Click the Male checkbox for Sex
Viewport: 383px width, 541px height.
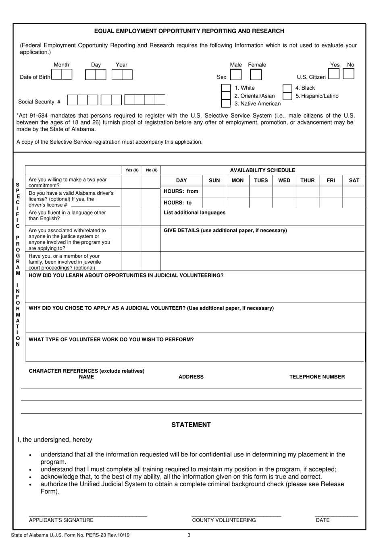coord(235,75)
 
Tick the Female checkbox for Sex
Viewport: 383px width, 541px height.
coord(256,75)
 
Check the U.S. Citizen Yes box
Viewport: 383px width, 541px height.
coord(333,74)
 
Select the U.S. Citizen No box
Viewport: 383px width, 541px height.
coord(348,74)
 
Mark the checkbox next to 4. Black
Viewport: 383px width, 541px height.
coord(287,88)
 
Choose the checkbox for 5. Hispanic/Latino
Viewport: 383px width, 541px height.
coord(287,96)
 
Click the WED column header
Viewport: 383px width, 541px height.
coord(284,180)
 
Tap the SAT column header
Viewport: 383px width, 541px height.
coord(354,180)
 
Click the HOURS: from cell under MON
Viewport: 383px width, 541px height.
coord(237,191)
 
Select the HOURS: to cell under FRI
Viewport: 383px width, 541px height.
coord(331,202)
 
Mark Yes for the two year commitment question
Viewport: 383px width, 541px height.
coord(131,182)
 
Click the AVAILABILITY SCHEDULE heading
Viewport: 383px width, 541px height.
coord(262,170)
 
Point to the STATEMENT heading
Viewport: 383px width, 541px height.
coord(191,425)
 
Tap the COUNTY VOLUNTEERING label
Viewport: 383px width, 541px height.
coord(224,520)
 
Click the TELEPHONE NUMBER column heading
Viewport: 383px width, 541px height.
coord(317,377)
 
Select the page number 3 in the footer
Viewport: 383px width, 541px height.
coord(189,535)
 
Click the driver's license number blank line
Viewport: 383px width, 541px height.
coord(95,205)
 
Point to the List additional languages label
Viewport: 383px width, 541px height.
coord(194,213)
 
